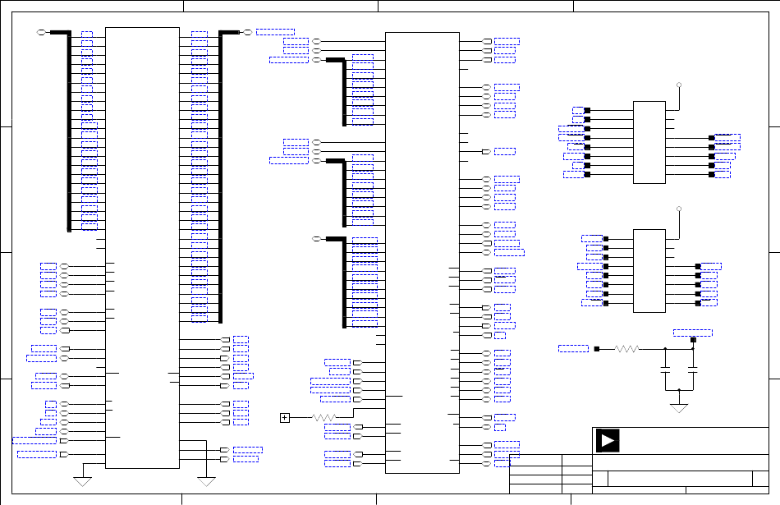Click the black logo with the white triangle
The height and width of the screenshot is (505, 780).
(608, 441)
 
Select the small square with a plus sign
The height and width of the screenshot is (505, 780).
(285, 418)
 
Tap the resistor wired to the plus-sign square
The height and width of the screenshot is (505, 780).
(325, 418)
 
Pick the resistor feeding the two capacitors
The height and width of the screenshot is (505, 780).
(626, 349)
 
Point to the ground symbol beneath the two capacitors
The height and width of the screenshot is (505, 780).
(679, 406)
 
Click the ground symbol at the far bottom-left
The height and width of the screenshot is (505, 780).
(82, 480)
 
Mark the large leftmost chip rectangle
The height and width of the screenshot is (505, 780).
(143, 246)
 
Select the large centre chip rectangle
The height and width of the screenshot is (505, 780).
(422, 252)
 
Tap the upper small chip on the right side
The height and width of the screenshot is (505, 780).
(649, 142)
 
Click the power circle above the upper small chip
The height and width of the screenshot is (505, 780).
(679, 85)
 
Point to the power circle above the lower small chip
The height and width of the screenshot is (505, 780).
(679, 209)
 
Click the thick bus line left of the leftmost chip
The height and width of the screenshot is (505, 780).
(69, 131)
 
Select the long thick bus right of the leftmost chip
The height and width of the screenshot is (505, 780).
(220, 177)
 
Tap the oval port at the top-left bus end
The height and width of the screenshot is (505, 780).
(43, 32)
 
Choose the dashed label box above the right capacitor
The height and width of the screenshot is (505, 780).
(692, 332)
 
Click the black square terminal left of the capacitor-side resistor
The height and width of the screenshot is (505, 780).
(598, 349)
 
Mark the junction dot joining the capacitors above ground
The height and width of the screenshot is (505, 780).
(679, 389)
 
